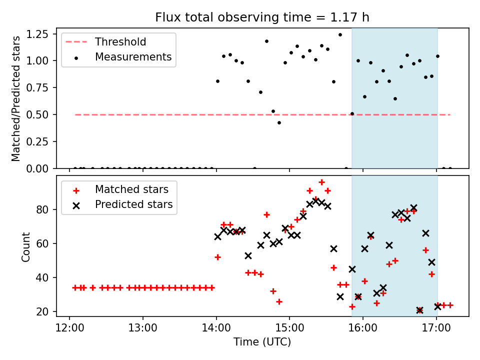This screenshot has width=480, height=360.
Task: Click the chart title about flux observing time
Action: pyautogui.click(x=262, y=17)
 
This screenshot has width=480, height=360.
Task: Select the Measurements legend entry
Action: pyautogui.click(x=133, y=57)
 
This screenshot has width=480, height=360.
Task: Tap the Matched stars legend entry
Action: pyautogui.click(x=131, y=189)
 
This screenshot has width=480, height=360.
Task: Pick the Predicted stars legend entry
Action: pyautogui.click(x=133, y=204)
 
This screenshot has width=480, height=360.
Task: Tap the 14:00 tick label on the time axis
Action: pyautogui.click(x=216, y=330)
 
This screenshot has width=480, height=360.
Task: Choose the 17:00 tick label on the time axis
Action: pyautogui.click(x=436, y=330)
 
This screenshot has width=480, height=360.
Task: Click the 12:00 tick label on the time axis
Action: pyautogui.click(x=69, y=330)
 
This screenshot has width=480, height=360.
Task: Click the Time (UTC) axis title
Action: pyautogui.click(x=262, y=342)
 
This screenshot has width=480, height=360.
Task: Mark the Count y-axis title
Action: pyautogui.click(x=25, y=246)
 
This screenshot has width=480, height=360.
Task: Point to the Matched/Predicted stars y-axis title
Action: pyautogui.click(x=16, y=98)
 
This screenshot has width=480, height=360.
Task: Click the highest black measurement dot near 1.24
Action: pyautogui.click(x=340, y=35)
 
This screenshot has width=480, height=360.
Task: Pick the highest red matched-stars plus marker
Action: pyautogui.click(x=321, y=182)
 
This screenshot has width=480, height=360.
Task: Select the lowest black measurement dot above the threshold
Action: pyautogui.click(x=279, y=122)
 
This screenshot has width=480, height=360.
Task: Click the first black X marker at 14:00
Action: pyautogui.click(x=217, y=236)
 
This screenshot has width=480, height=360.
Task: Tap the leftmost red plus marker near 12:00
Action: pyautogui.click(x=75, y=287)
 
